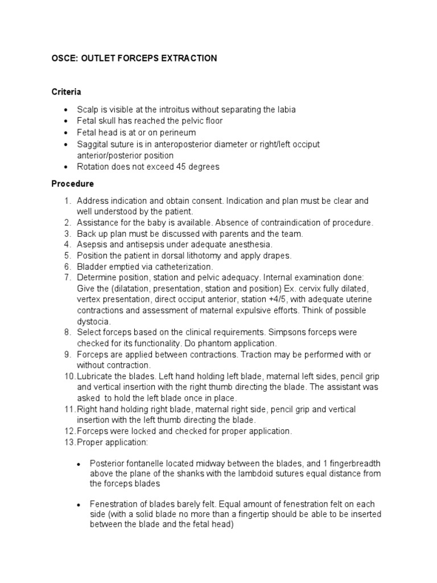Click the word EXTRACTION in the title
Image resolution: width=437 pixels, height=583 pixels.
(185, 59)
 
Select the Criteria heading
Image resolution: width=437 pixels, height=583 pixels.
(66, 92)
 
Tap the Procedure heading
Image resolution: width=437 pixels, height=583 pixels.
(72, 184)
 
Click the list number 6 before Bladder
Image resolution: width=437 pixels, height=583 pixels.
(67, 266)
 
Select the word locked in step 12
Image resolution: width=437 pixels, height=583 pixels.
(137, 431)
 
